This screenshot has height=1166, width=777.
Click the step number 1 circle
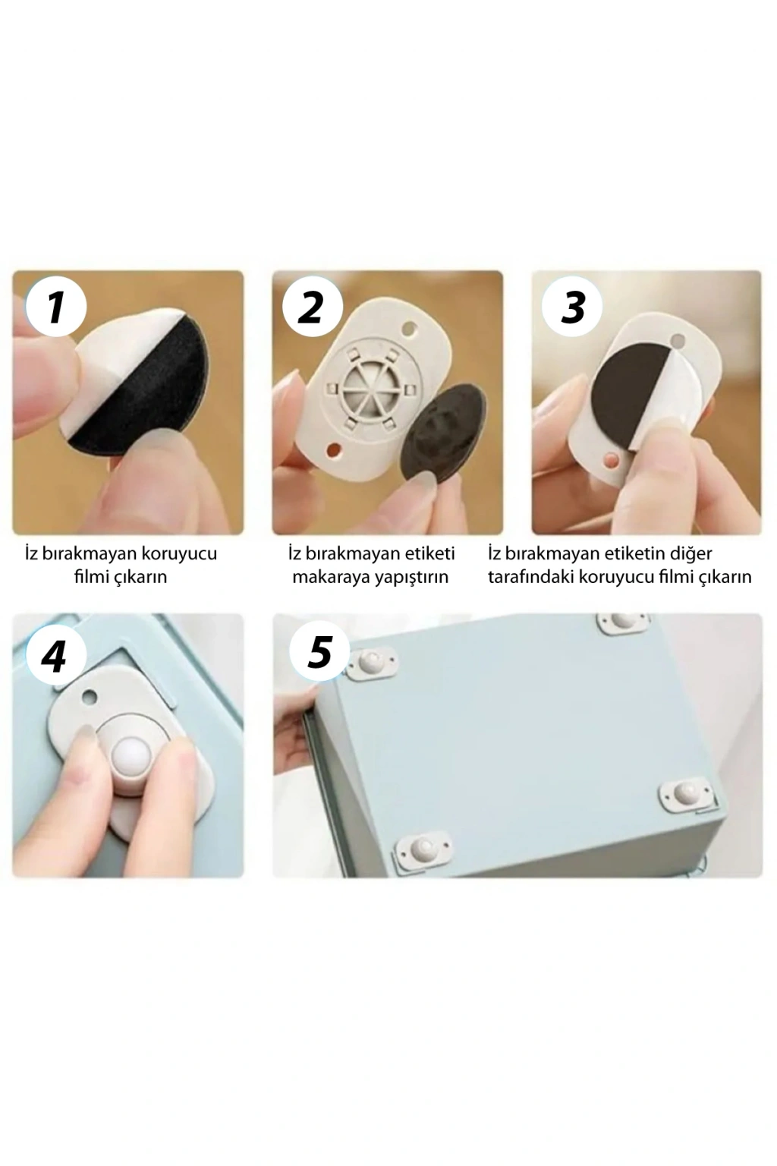(56, 307)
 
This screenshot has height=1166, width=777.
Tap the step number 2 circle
(313, 307)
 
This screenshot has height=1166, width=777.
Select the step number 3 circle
(572, 307)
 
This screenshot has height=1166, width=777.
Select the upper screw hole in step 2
(409, 329)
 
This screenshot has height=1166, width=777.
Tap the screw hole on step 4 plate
(90, 696)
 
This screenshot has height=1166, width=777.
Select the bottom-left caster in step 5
(423, 848)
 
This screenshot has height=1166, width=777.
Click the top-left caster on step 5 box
(373, 662)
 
